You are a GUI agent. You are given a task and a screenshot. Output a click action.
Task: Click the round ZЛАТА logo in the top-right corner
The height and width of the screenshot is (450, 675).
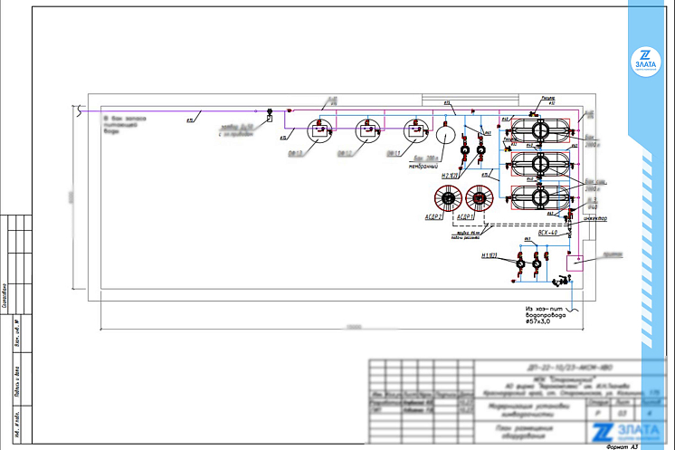tap(646, 59)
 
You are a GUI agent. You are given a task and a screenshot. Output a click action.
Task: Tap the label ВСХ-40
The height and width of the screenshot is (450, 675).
tap(548, 233)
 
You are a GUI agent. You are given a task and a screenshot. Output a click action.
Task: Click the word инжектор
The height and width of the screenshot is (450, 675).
tap(594, 218)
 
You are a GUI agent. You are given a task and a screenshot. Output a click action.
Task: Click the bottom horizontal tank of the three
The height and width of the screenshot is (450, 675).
tap(540, 197)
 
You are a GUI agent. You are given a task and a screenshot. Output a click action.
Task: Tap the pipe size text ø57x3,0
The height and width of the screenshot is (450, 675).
tap(545, 322)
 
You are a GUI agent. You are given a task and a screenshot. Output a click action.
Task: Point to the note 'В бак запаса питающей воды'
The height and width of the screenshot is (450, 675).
tap(121, 124)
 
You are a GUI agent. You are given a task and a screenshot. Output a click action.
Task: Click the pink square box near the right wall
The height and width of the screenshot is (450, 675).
tap(573, 263)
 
